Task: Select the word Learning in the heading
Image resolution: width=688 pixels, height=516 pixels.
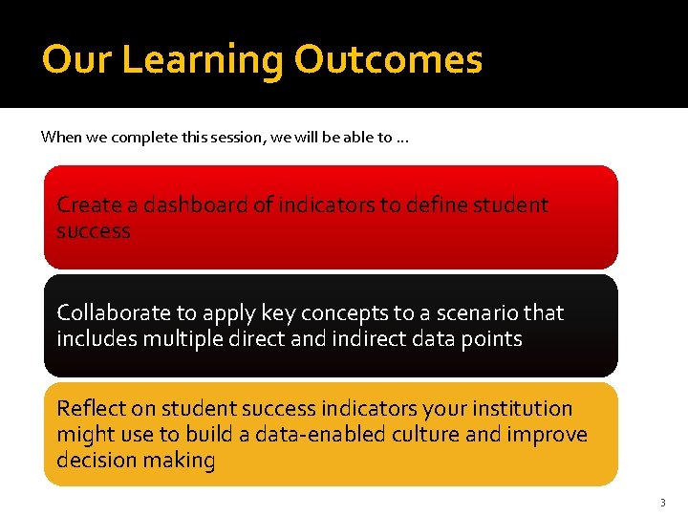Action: click(x=203, y=59)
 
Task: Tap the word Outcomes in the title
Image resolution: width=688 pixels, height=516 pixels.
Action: click(x=388, y=59)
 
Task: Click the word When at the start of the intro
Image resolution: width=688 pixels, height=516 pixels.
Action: click(x=61, y=137)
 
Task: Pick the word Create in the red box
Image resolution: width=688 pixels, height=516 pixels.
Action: click(x=89, y=204)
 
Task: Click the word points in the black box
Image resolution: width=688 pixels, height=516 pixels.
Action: click(x=492, y=338)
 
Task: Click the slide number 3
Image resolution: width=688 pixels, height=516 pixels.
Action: click(x=662, y=502)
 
